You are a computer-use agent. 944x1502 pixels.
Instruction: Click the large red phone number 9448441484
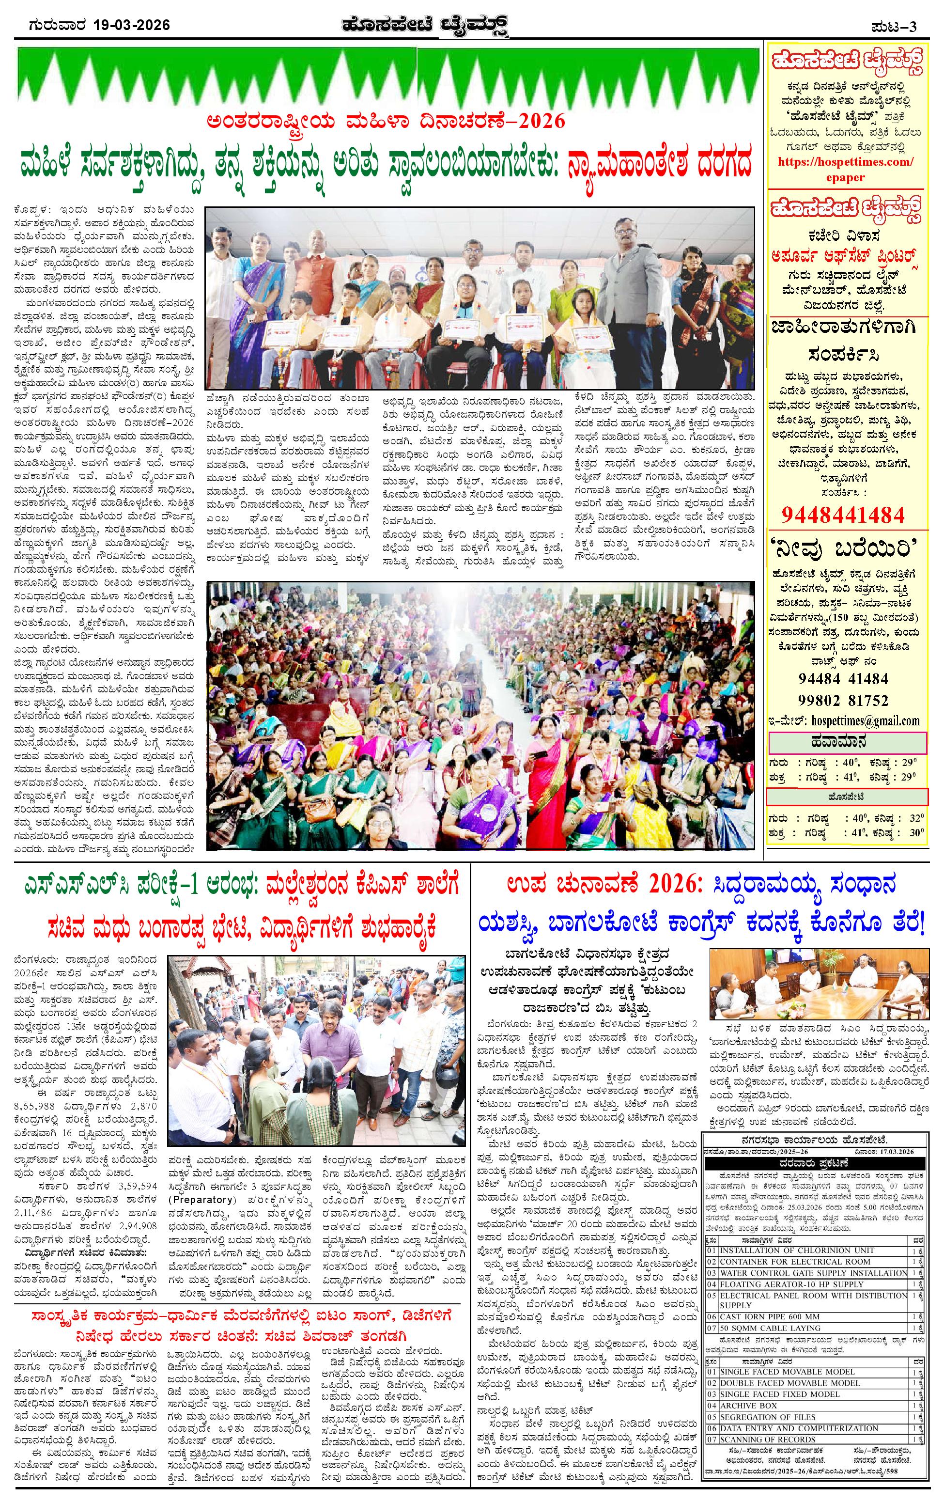pos(842,514)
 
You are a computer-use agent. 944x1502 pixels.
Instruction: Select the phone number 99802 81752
pos(843,700)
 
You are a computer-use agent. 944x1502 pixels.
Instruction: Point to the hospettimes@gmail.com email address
pos(866,720)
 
